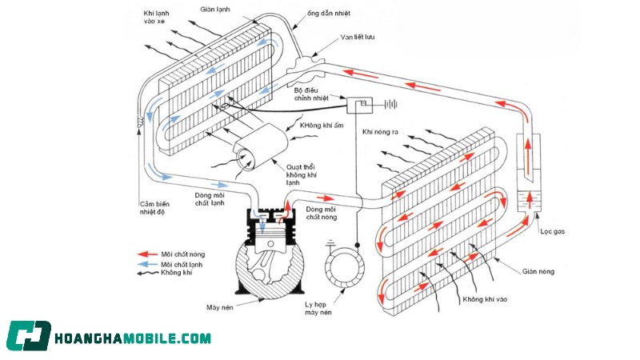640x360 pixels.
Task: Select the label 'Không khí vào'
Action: click(489, 298)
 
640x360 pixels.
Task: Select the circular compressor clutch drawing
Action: click(346, 269)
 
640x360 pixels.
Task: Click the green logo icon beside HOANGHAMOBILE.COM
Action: click(29, 337)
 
